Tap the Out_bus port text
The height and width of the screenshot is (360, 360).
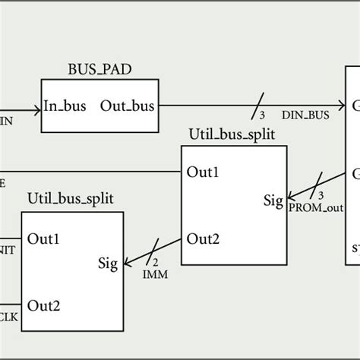(x=128, y=106)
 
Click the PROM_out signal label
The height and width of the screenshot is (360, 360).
(x=311, y=207)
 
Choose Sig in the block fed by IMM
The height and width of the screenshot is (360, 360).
(x=109, y=264)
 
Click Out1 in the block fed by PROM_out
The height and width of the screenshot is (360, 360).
(x=204, y=172)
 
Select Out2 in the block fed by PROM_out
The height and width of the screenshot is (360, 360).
(x=204, y=238)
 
